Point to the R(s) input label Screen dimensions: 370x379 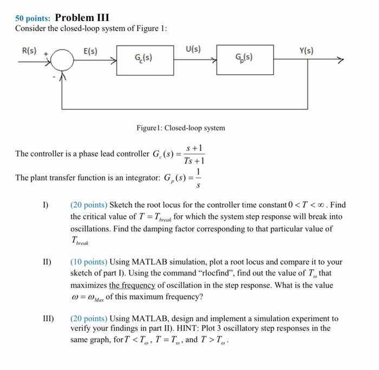point(28,51)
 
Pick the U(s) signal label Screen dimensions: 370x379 point(193,49)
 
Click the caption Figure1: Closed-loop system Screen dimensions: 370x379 point(181,128)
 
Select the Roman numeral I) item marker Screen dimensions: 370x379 point(46,205)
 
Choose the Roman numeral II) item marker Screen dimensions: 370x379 point(47,262)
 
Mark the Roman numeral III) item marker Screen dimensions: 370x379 point(48,318)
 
